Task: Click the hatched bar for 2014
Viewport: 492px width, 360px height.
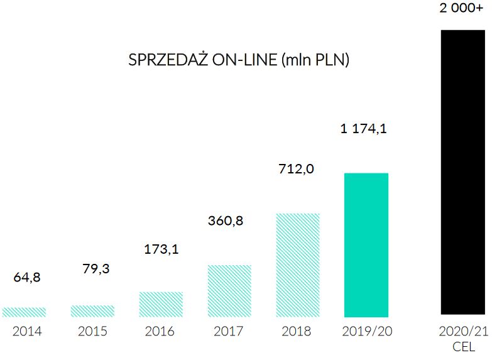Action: pyautogui.click(x=24, y=312)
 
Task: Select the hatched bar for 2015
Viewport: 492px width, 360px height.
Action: pyautogui.click(x=92, y=310)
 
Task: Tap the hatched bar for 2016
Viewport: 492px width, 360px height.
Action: pyautogui.click(x=161, y=304)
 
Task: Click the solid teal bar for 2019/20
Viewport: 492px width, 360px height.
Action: pyautogui.click(x=366, y=244)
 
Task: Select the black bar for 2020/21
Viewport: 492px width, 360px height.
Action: pyautogui.click(x=462, y=172)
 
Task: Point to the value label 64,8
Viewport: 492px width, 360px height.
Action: pyautogui.click(x=27, y=277)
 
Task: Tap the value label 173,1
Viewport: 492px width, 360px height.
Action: pyautogui.click(x=161, y=249)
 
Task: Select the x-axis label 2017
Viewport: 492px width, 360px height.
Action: pyautogui.click(x=229, y=331)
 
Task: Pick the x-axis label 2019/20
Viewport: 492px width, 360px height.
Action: pyautogui.click(x=367, y=331)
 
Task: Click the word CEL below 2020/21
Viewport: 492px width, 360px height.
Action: pyautogui.click(x=464, y=346)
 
